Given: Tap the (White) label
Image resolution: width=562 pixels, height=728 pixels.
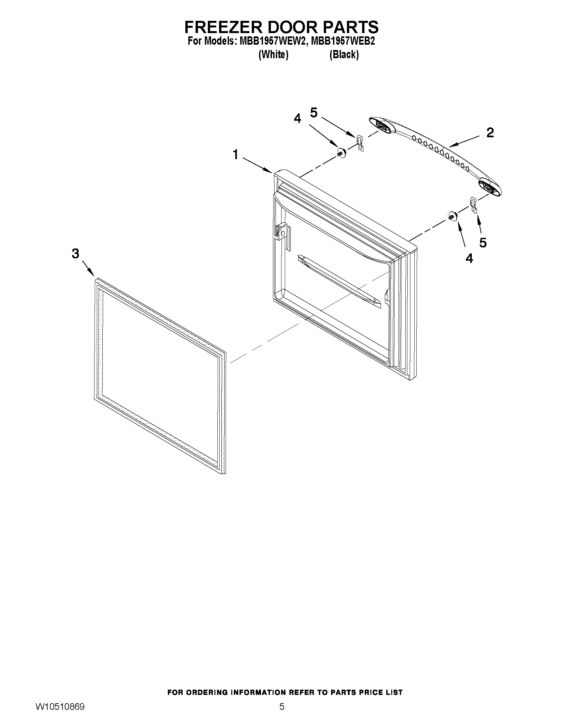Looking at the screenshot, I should [x=273, y=55].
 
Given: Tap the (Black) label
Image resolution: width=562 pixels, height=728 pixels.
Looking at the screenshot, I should [x=344, y=55].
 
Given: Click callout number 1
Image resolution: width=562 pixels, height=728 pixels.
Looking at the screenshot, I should [x=235, y=155].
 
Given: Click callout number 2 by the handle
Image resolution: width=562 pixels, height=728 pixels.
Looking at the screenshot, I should [x=490, y=133].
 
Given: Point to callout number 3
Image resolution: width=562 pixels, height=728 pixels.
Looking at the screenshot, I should [x=76, y=254].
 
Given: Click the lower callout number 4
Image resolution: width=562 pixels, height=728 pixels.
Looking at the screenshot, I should [x=469, y=258].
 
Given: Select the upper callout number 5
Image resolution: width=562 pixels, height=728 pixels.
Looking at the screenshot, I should [x=314, y=113].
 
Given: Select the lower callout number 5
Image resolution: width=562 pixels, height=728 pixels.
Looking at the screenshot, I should [x=483, y=243].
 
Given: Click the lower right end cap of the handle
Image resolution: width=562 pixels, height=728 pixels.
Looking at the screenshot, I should [x=489, y=186].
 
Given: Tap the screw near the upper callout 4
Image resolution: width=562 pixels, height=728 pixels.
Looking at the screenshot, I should [x=341, y=153].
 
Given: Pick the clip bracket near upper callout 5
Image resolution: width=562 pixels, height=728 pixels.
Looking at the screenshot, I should [x=359, y=143].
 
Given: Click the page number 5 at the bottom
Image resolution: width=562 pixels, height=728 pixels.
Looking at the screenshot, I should [x=282, y=716].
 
